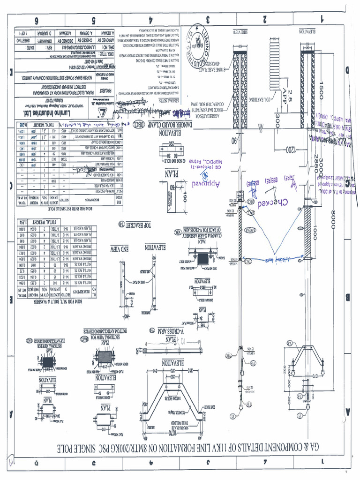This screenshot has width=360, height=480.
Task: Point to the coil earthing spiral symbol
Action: click(274, 56)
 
